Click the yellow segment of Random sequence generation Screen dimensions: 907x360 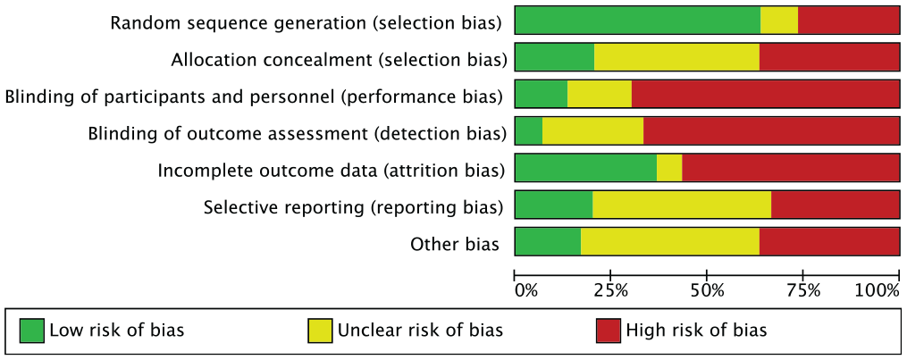tap(778, 20)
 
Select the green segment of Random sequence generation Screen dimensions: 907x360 tap(637, 20)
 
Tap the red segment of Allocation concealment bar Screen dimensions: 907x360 tap(829, 56)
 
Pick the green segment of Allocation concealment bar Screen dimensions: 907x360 tap(554, 56)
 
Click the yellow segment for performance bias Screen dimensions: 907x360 tap(600, 94)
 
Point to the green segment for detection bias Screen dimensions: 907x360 tap(529, 130)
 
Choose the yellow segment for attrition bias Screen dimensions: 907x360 tap(669, 168)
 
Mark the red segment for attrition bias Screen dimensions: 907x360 tap(790, 168)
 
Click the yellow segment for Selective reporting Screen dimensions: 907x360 tap(682, 205)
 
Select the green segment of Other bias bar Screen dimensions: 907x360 tap(548, 241)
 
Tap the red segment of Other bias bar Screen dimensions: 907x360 tap(829, 241)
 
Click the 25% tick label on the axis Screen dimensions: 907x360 tap(611, 289)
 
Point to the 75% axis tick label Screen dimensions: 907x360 tap(802, 289)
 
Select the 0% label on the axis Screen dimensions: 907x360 tap(526, 289)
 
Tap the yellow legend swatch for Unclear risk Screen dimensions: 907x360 tap(320, 330)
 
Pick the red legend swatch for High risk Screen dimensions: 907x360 tap(608, 330)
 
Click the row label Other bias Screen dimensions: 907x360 tap(455, 245)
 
